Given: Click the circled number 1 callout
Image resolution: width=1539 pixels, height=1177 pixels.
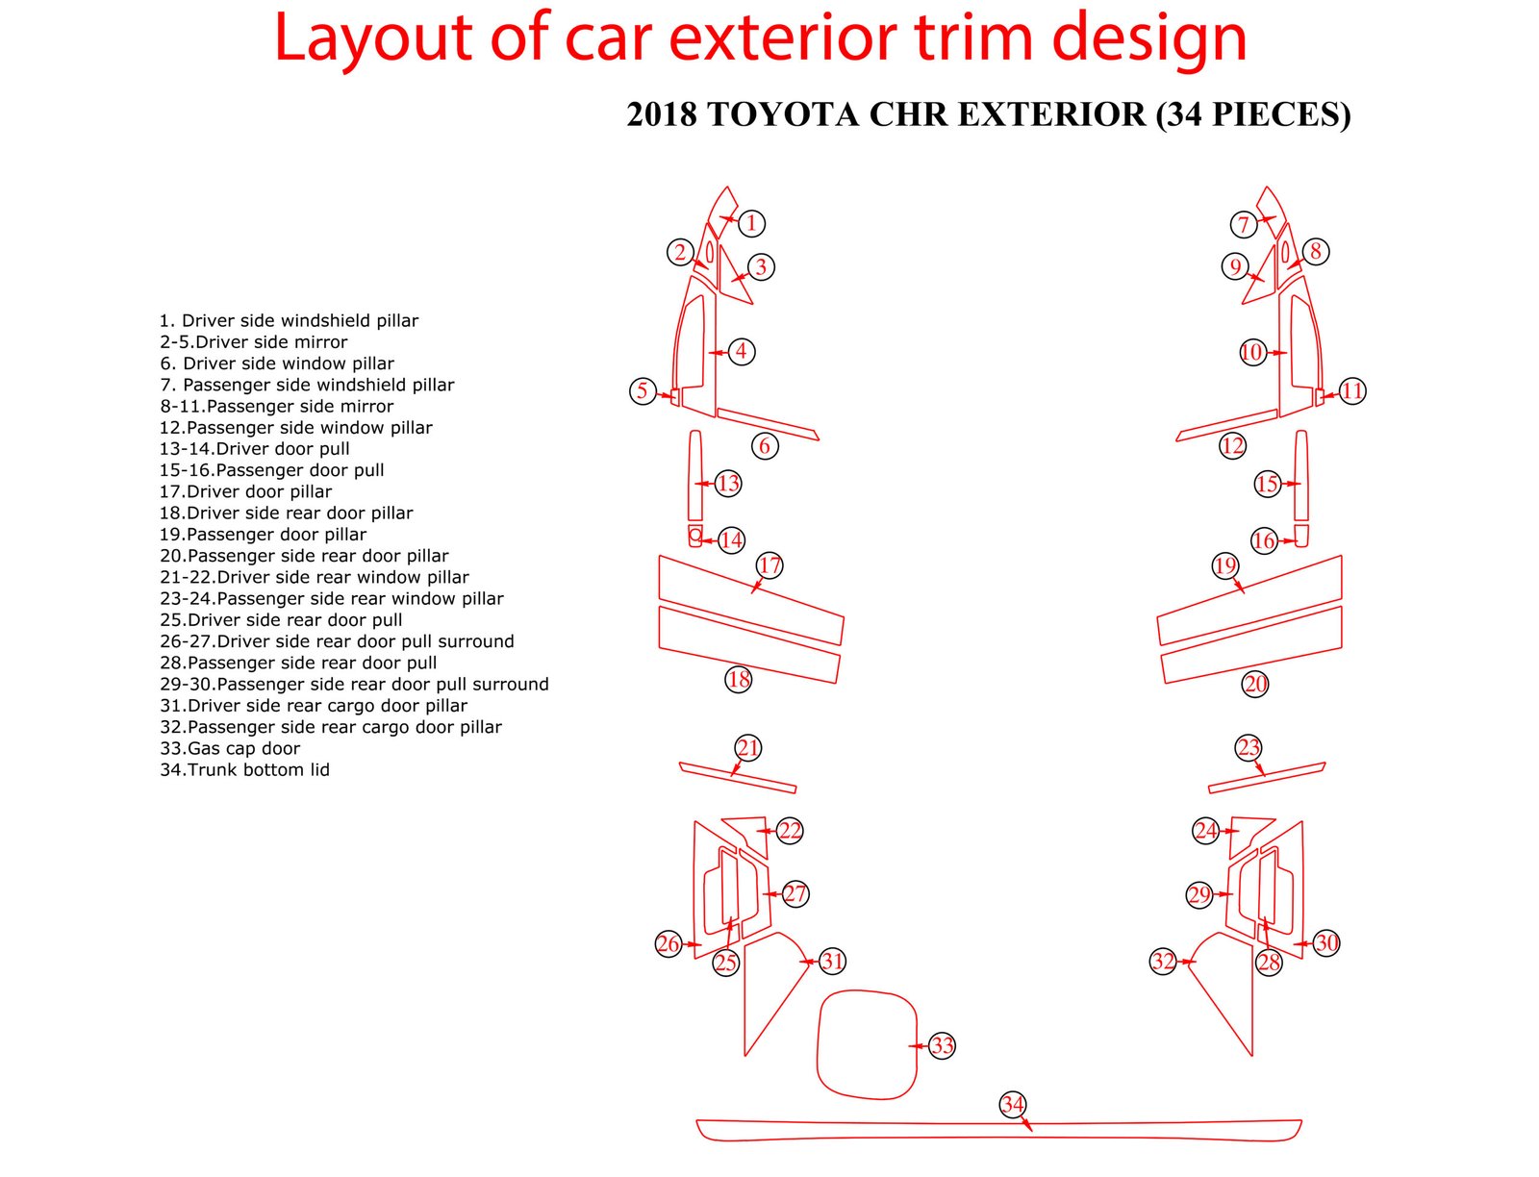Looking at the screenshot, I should (x=751, y=223).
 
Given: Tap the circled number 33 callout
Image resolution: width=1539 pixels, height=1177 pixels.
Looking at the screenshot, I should (x=942, y=1045).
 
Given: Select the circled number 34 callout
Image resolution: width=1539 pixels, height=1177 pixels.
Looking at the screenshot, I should (x=1012, y=1104).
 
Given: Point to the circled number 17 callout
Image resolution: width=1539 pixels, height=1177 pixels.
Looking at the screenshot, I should (x=769, y=565).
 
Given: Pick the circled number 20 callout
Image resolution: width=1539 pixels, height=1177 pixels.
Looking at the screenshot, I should (x=1255, y=684).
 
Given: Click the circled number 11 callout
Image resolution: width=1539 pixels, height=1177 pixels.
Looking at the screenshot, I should (x=1352, y=390).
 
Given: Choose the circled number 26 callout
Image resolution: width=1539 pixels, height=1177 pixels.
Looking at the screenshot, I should (x=668, y=943).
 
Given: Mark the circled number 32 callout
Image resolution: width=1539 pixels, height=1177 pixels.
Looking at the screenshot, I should (x=1163, y=961).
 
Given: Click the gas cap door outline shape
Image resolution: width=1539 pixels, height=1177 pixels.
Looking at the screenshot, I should (x=866, y=1044).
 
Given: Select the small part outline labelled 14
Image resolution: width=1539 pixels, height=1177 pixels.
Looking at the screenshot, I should (x=695, y=537).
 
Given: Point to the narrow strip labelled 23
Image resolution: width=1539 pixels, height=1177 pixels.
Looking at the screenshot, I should (x=1266, y=778).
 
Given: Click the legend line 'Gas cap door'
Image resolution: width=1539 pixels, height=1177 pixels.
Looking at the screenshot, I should (x=230, y=748).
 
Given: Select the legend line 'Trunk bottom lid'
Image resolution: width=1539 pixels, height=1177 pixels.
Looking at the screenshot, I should (x=244, y=769).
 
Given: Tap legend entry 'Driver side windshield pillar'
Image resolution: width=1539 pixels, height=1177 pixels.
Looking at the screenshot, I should (x=289, y=320).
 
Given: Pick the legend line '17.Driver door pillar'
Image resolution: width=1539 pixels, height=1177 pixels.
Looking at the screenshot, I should (x=245, y=491).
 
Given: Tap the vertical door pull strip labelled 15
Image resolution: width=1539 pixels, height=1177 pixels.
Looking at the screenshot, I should (x=1301, y=475).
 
